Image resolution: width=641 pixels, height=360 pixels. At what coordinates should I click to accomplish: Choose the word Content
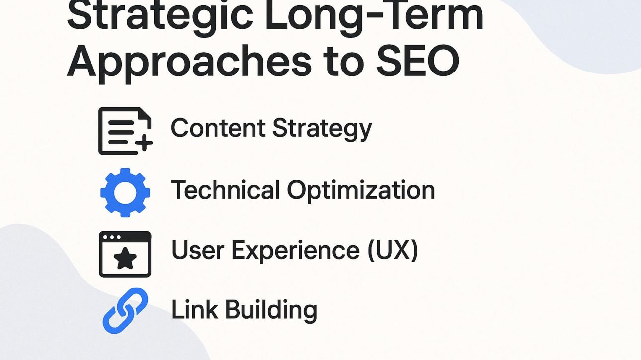click(x=218, y=128)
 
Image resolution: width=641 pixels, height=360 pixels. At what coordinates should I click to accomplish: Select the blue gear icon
click(x=125, y=192)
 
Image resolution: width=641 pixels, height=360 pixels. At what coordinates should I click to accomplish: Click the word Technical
click(x=226, y=190)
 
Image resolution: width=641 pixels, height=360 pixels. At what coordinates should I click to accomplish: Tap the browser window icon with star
click(x=125, y=254)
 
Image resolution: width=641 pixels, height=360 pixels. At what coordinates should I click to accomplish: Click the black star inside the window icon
click(x=125, y=259)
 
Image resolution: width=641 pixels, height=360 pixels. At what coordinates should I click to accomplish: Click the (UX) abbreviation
click(x=393, y=250)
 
